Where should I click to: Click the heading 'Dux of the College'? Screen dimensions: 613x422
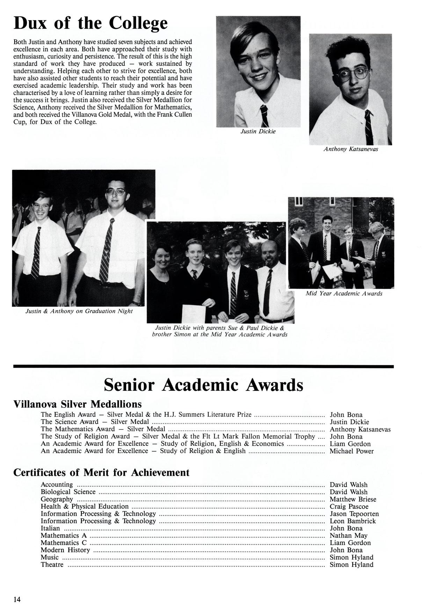point(90,24)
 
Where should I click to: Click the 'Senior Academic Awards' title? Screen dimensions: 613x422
point(203,385)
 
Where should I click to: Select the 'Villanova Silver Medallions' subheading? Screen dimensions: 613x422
point(78,404)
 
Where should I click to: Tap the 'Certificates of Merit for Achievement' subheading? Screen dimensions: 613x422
point(101,473)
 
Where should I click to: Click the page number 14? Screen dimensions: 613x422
point(17,600)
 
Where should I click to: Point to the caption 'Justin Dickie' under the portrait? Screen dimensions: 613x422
point(258,131)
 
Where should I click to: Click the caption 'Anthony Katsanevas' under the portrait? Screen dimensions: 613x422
point(350,149)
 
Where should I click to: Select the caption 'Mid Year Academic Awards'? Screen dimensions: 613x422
point(344,294)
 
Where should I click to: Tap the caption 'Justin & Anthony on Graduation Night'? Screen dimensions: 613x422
point(79,311)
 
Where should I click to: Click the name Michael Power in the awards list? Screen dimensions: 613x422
point(351,451)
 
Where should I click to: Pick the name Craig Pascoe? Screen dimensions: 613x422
point(349,506)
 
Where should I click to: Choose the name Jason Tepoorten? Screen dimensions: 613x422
point(354,514)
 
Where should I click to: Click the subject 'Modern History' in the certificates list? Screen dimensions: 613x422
point(65,550)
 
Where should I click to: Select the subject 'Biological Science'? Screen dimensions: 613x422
point(68,492)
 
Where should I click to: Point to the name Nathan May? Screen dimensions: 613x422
point(348,535)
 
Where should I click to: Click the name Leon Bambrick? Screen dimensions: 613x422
point(353,521)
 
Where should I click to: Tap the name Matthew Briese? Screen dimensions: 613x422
point(353,499)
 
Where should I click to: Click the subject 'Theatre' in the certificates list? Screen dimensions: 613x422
point(52,565)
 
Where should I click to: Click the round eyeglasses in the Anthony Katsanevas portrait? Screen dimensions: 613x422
point(352,74)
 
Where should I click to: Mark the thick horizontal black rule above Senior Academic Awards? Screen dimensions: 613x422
point(203,366)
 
